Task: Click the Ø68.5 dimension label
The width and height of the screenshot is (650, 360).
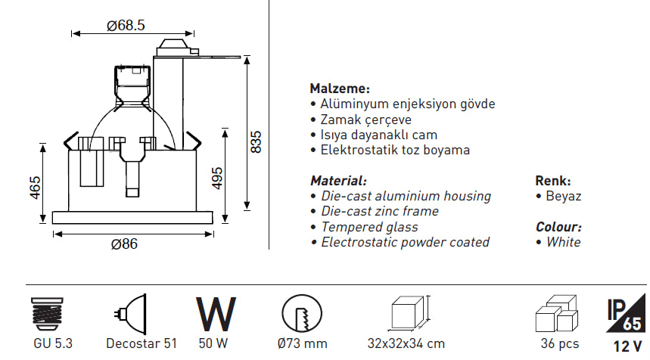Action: click(x=126, y=25)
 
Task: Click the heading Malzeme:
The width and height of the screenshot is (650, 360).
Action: click(x=340, y=88)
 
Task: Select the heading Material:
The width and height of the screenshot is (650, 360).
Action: click(x=338, y=181)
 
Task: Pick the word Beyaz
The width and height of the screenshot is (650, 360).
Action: click(x=563, y=197)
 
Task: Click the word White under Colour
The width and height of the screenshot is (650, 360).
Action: click(x=563, y=243)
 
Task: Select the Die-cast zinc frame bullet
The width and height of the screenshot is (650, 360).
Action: click(x=379, y=212)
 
